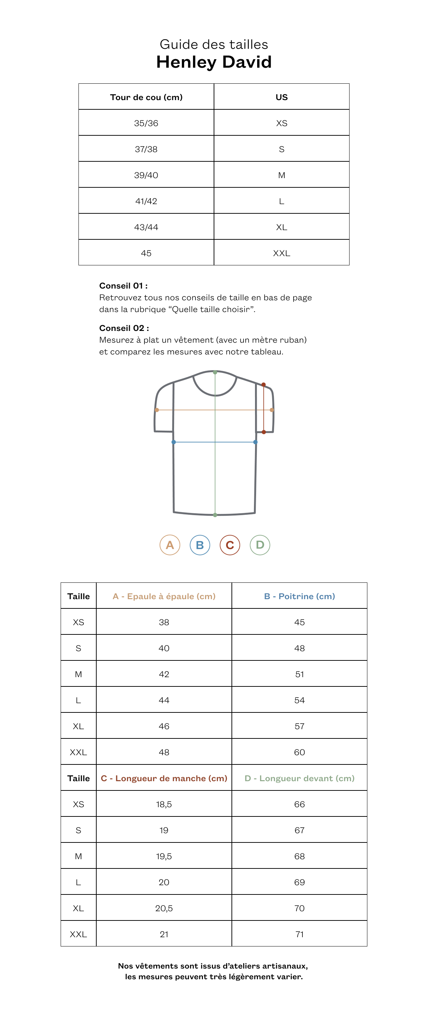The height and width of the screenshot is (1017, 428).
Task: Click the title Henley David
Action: [214, 62]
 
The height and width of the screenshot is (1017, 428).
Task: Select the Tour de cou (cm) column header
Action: [146, 97]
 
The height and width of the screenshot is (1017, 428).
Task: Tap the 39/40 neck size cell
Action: [146, 175]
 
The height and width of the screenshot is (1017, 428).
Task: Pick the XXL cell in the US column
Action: [281, 253]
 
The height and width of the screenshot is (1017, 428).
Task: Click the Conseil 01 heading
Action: [123, 285]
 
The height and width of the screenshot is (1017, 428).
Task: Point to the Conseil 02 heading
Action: [124, 328]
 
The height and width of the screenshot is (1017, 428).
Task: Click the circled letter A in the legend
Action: [170, 545]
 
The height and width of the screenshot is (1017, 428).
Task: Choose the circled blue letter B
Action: [200, 545]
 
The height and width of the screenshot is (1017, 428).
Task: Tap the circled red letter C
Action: [230, 545]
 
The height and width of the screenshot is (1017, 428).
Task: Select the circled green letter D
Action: [260, 545]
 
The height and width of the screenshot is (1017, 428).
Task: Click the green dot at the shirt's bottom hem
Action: [215, 515]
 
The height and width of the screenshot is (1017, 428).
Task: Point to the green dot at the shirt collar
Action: [215, 372]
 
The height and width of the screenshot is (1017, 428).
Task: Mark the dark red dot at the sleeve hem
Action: [264, 432]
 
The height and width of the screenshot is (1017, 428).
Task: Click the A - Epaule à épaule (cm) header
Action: [164, 596]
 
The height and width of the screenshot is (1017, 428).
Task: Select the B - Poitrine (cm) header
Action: [300, 596]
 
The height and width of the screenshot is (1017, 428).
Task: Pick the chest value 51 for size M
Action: [300, 674]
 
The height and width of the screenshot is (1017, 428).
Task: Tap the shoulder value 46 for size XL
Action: [164, 726]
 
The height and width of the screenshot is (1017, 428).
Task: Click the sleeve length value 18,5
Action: [164, 804]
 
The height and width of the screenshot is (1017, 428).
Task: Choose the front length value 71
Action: [300, 934]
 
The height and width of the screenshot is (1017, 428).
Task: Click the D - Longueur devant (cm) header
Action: [300, 778]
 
